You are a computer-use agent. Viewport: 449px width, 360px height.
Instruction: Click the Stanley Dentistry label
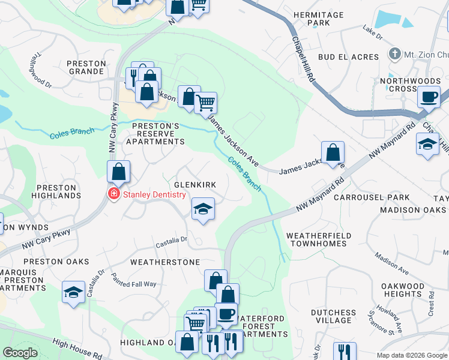tap(154, 194)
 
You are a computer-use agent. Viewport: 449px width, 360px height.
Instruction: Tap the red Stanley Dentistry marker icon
tap(112, 194)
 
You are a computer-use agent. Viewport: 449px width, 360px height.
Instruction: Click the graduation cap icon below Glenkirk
tap(203, 209)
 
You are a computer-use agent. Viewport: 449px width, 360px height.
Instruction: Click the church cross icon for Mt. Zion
tap(395, 54)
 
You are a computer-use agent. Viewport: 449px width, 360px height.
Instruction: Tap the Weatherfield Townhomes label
tap(316, 239)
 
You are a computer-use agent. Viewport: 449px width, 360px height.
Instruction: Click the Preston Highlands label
tap(55, 192)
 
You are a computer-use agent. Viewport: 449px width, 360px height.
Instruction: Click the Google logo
tap(20, 353)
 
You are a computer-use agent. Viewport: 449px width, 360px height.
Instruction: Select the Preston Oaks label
tap(56, 262)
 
